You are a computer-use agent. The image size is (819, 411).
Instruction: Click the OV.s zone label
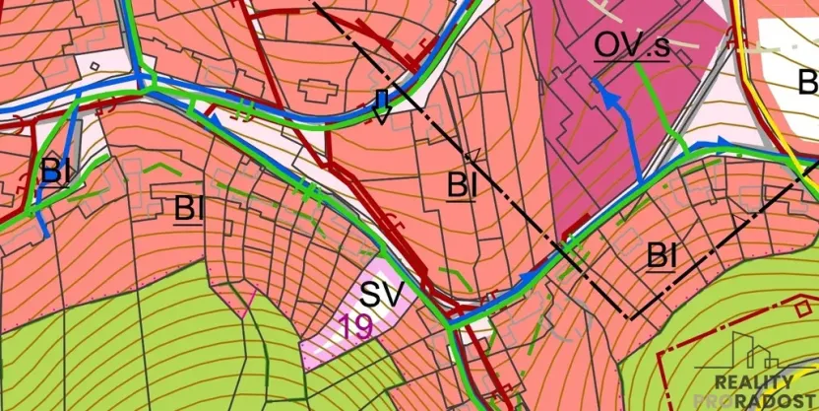[x=631, y=45]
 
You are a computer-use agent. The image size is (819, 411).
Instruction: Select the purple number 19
[x=355, y=327]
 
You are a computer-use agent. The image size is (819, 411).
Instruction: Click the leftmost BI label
[x=55, y=171]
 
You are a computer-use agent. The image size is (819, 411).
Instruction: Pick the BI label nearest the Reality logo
[x=661, y=256]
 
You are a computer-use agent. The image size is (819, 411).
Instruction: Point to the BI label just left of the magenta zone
[x=462, y=184]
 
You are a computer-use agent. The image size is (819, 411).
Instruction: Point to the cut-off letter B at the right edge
[x=808, y=81]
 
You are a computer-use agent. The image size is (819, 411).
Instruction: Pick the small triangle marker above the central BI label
[x=471, y=154]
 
